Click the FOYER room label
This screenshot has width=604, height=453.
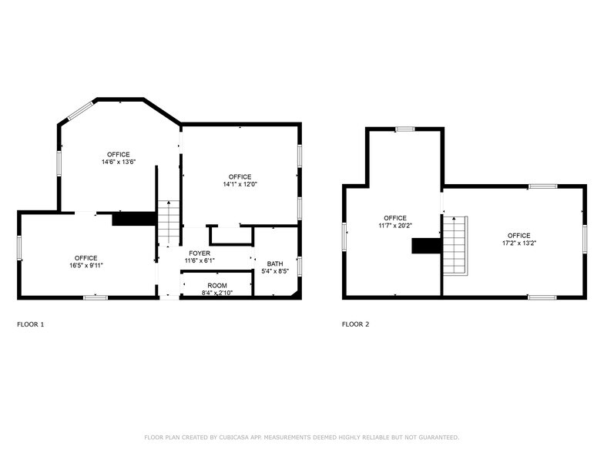coord(200,253)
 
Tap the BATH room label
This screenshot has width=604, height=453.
coord(275,263)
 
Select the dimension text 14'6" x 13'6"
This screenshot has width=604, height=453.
coord(119,162)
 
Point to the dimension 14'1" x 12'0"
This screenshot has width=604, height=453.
coord(240,185)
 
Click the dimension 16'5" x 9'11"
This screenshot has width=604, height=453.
coord(86,265)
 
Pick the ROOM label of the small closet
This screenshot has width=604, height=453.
coord(217,285)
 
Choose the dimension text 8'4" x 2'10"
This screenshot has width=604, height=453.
coord(217,293)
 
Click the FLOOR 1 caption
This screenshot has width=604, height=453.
coord(31,324)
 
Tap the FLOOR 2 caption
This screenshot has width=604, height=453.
coord(356,324)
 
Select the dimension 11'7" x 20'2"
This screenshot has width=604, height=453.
coord(395,226)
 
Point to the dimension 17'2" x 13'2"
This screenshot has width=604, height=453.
coord(519,243)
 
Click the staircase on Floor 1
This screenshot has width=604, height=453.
coord(169,223)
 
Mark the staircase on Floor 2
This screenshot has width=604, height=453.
coord(455,245)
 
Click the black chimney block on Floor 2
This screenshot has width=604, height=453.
coord(427,246)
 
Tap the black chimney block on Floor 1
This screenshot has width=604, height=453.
coord(134,219)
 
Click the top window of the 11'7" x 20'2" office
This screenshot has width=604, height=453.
coord(405,129)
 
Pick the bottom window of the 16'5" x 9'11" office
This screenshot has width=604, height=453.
coord(96,297)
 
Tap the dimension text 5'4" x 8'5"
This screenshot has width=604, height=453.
coord(275,271)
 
